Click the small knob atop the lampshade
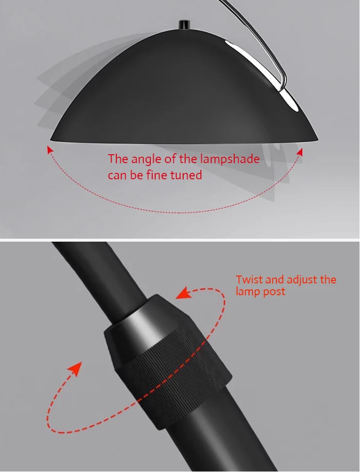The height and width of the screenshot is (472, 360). (x=184, y=25)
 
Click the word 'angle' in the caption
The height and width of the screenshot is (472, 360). (x=146, y=159)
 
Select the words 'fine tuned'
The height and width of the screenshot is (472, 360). (x=174, y=175)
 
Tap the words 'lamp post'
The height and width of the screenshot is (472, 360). (x=260, y=291)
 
